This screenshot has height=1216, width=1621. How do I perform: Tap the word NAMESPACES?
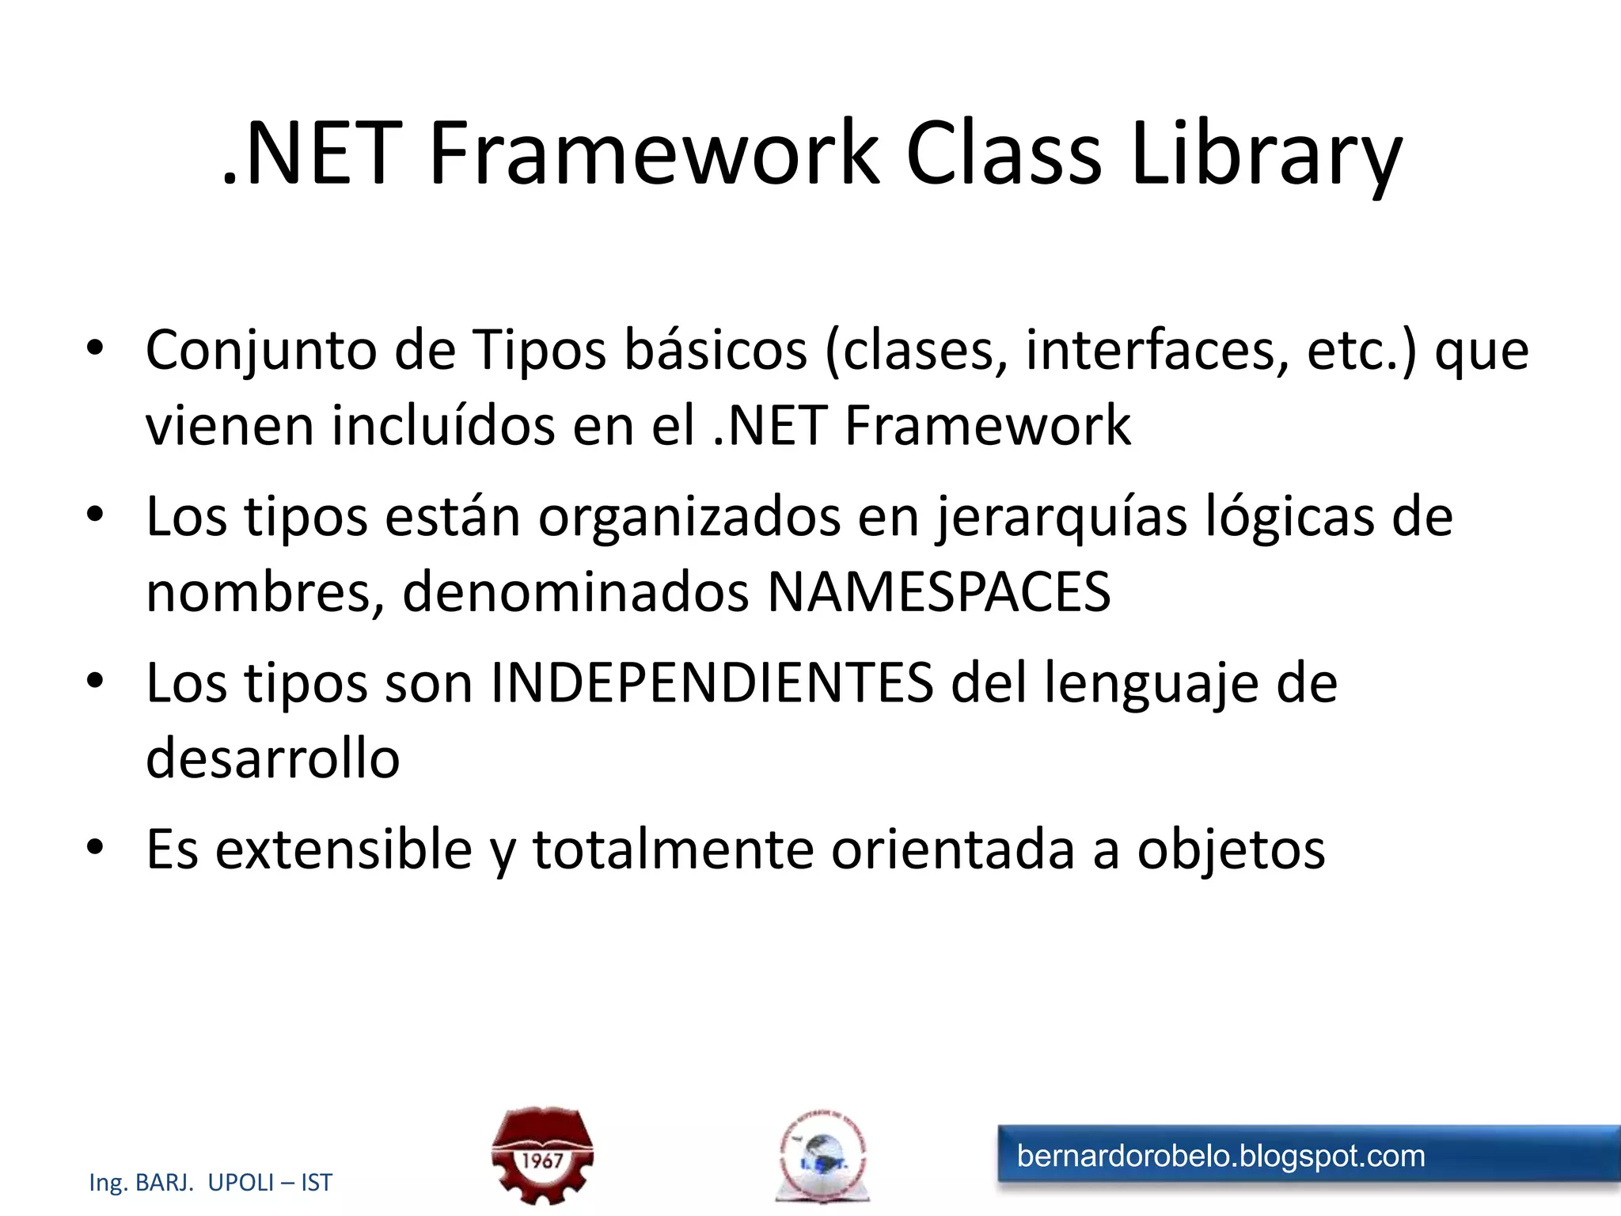939,592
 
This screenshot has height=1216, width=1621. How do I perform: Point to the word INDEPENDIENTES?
712,682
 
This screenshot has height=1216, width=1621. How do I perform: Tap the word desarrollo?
273,758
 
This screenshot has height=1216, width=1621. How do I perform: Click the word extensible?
344,849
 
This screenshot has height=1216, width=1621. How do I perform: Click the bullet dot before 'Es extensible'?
96,848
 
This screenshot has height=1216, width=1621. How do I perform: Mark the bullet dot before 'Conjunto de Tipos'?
96,348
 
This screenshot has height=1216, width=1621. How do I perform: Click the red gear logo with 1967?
542,1156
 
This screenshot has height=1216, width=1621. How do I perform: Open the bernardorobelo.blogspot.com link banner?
1306,1157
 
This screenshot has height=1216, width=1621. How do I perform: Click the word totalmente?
673,849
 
